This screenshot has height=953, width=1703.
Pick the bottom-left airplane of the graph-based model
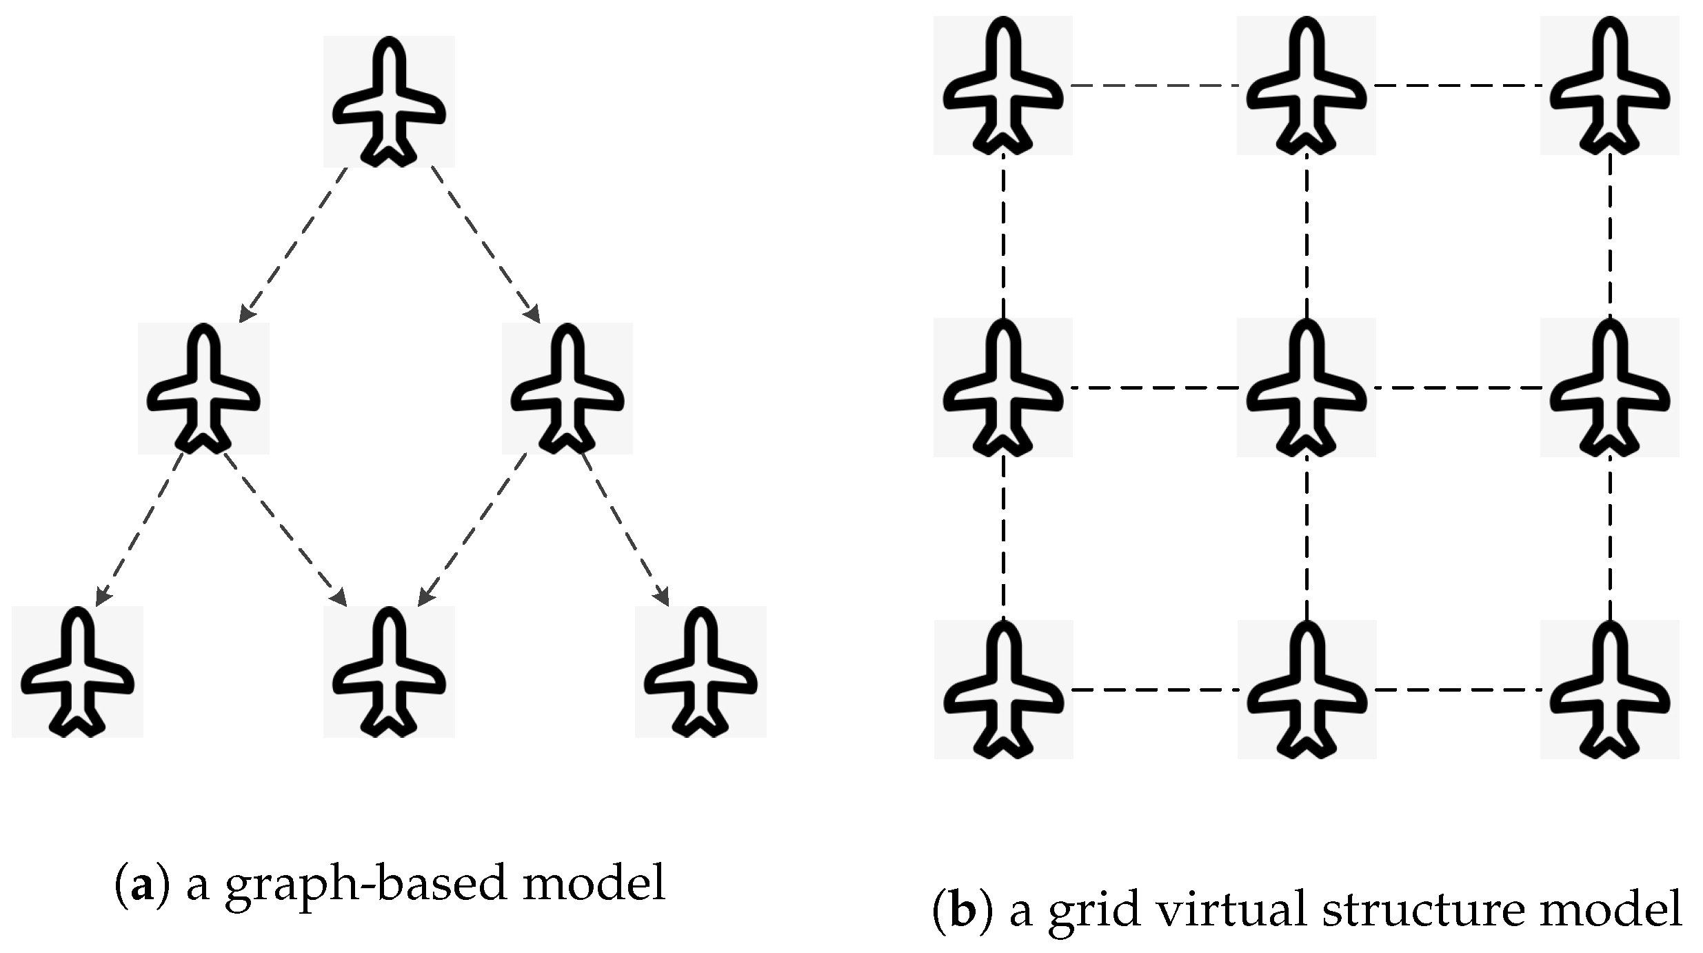point(77,672)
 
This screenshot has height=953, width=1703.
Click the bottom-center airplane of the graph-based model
point(389,672)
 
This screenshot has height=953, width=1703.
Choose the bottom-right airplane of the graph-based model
point(701,672)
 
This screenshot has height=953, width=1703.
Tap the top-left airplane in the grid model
point(1003,86)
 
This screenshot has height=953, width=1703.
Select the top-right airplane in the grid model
point(1610,86)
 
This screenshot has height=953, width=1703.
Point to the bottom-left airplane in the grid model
point(1003,690)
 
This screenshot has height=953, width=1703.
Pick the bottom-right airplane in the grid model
point(1610,690)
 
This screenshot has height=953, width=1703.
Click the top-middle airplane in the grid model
point(1307,86)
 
